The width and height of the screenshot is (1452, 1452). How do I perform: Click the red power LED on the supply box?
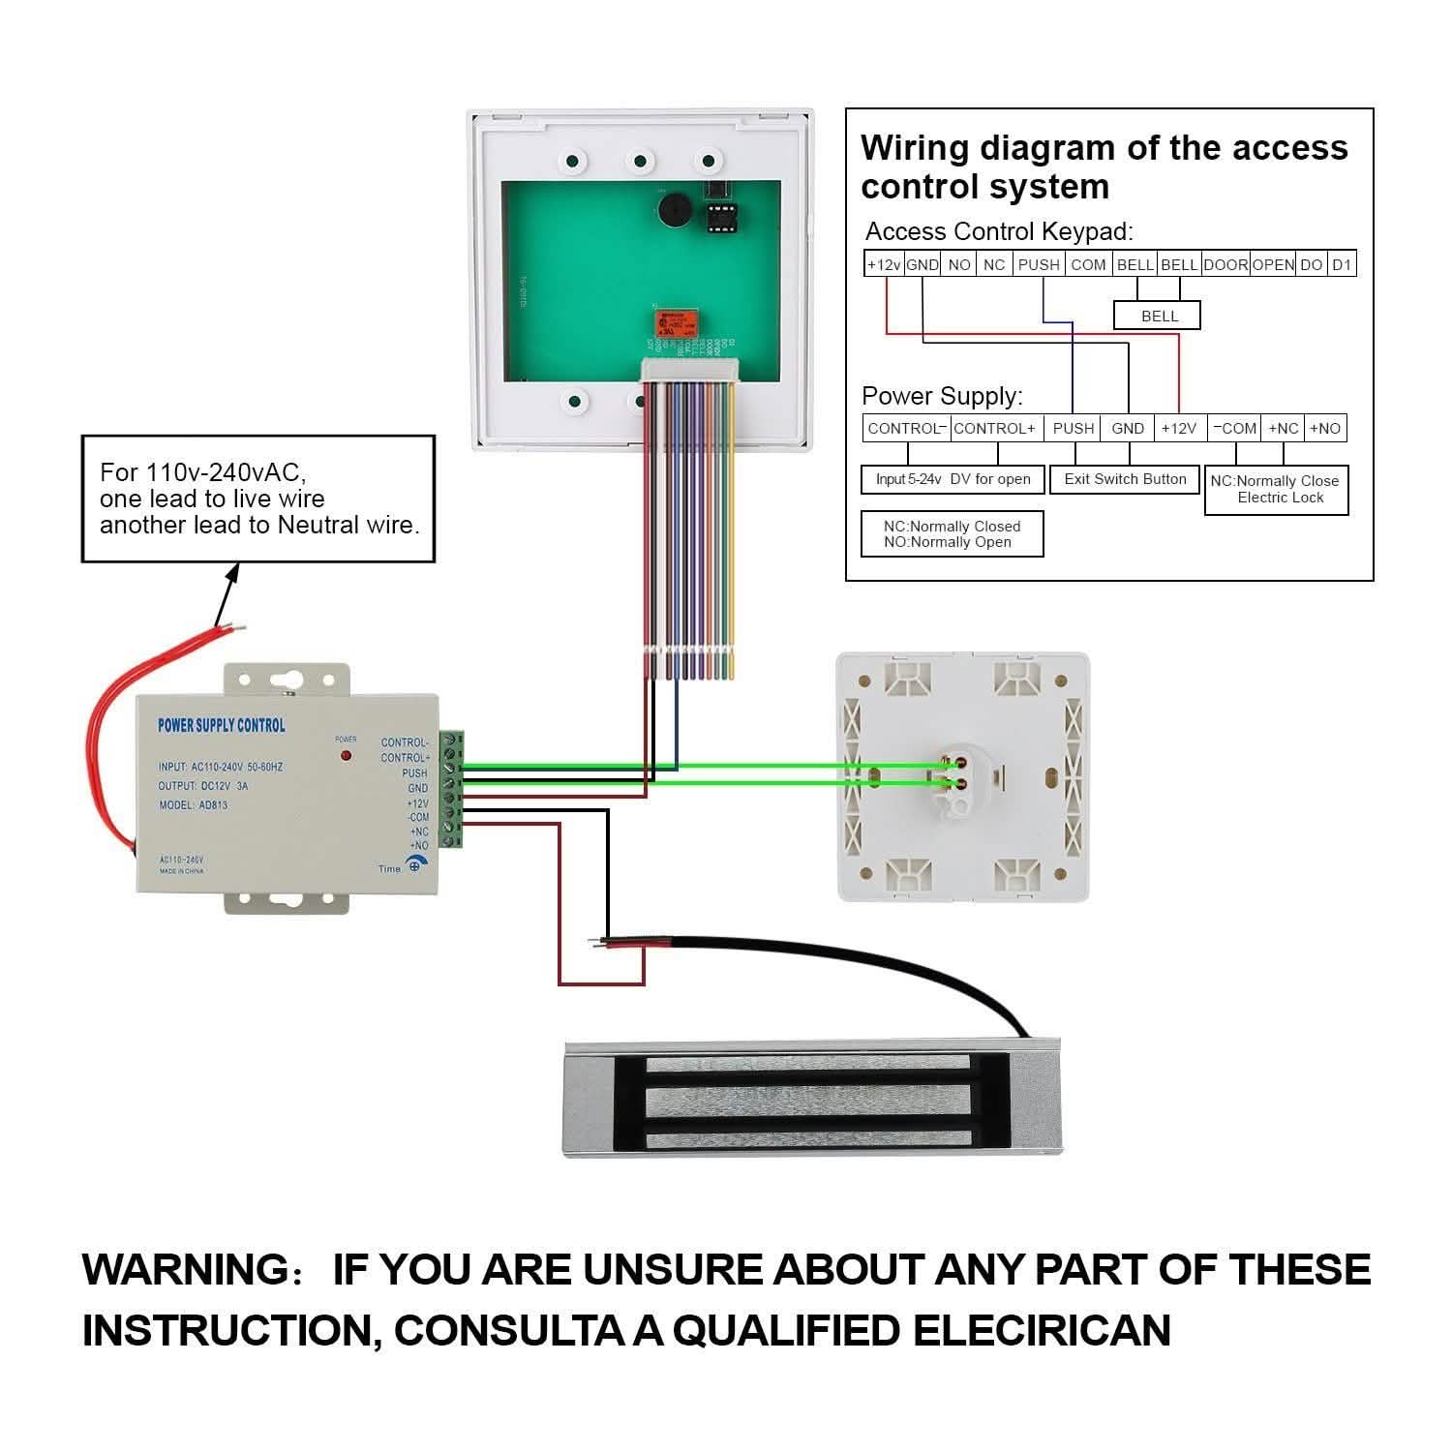[346, 754]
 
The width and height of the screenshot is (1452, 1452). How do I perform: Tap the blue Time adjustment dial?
[415, 864]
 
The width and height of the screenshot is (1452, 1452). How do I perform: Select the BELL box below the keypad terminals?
[1158, 316]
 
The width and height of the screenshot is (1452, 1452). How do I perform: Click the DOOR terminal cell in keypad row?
[1225, 264]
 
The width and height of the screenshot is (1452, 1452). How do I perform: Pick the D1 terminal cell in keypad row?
[1341, 264]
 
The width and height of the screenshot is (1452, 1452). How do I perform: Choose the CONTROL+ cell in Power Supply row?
[994, 428]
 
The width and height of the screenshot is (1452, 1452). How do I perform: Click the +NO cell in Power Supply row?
[1325, 428]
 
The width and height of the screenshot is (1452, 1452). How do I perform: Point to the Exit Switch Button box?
[1125, 479]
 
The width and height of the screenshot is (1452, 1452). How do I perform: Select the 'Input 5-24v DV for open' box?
[953, 479]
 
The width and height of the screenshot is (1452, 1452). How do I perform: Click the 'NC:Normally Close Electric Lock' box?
[1276, 489]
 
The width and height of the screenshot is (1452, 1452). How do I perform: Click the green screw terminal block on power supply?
[451, 789]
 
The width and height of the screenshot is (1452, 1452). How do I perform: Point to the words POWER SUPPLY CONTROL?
[222, 725]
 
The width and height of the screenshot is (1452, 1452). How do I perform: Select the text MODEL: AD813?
[193, 805]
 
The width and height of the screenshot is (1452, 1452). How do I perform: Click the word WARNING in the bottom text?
[184, 1269]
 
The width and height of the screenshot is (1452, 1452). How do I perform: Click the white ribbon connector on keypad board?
[690, 371]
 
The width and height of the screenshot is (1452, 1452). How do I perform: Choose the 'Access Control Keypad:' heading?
[998, 231]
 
